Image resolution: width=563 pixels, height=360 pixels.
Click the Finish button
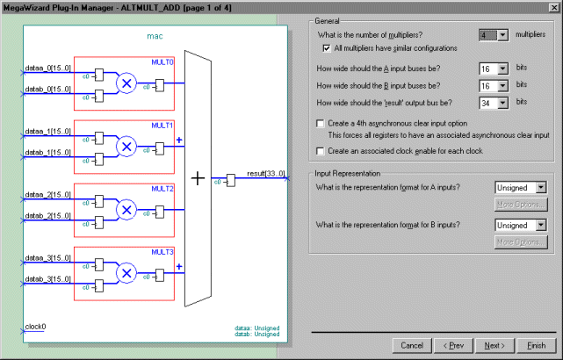[536, 345]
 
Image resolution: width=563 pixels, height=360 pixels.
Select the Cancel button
[412, 345]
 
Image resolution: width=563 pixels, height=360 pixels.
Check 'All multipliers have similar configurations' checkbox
[328, 47]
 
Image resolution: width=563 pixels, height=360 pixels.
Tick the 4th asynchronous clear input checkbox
[320, 124]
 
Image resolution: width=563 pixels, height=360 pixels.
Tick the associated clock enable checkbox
[320, 151]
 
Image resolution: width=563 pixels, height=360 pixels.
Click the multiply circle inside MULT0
[127, 83]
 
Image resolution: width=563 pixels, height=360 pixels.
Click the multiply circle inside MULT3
[127, 273]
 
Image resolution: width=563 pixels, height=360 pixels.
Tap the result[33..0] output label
[264, 174]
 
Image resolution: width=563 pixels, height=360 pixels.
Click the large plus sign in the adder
[198, 178]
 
